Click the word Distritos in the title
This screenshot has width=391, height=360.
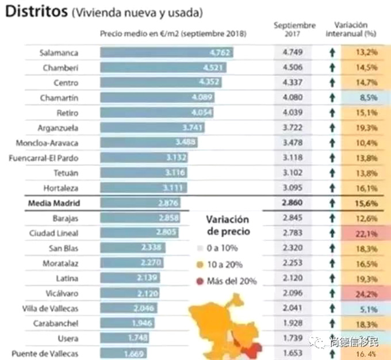35,12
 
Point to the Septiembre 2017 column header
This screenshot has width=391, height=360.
294,29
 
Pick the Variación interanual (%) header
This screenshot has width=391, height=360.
359,29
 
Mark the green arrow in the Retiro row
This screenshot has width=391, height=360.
332,113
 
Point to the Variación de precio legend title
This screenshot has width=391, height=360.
228,225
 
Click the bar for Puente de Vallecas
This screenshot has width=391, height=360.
123,353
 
